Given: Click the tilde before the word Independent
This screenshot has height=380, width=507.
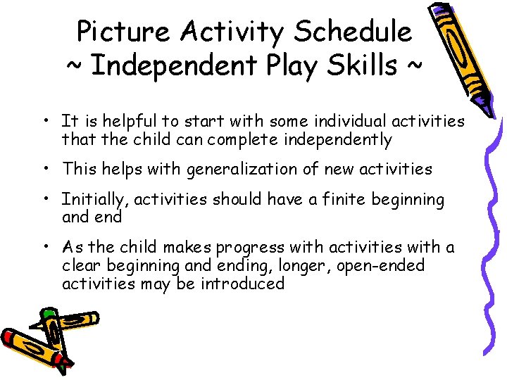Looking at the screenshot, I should click(x=75, y=68).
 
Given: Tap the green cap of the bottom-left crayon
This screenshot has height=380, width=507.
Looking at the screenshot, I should click(x=48, y=312).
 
